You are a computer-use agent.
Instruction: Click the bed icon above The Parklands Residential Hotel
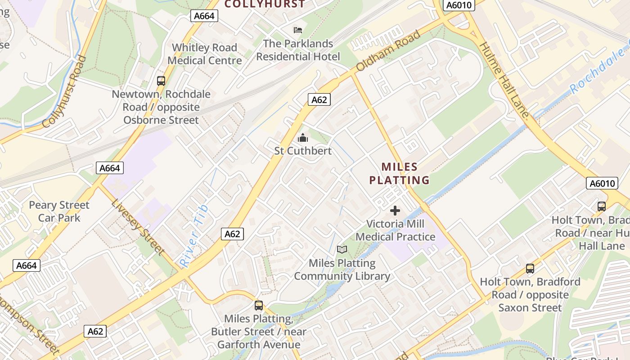tap(297, 30)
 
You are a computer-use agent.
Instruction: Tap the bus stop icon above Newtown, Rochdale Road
tap(161, 81)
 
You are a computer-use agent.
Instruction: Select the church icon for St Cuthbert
tap(303, 137)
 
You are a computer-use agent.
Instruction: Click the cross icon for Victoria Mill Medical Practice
tap(395, 211)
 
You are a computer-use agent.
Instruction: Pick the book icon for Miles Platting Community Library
tap(342, 249)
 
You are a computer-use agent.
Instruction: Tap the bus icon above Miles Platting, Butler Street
tap(259, 306)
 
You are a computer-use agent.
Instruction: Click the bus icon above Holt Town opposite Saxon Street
tap(530, 269)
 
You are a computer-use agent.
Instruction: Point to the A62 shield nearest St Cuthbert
tap(319, 100)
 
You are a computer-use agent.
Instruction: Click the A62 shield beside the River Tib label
tap(232, 234)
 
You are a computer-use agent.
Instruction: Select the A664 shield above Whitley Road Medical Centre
tap(204, 16)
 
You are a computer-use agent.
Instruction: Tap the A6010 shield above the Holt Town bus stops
tap(602, 183)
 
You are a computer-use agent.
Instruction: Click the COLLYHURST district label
tap(265, 4)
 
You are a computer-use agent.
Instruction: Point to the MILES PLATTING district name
tap(399, 174)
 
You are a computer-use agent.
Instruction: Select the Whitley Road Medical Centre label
tap(205, 54)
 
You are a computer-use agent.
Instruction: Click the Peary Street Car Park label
tap(59, 211)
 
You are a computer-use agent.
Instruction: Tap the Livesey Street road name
tap(138, 227)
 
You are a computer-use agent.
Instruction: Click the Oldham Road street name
tap(389, 50)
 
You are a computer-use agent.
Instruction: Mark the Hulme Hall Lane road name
tap(504, 80)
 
